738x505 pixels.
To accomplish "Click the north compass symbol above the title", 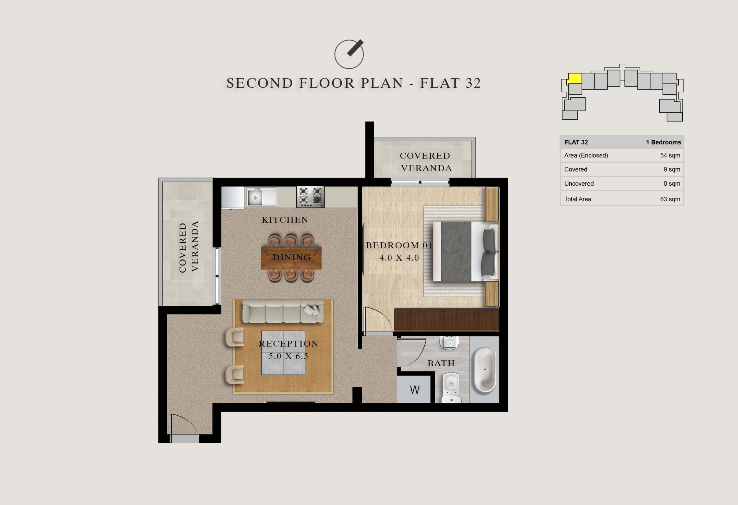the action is pyautogui.click(x=349, y=54).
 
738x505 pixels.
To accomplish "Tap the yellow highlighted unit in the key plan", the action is pyautogui.click(x=575, y=78).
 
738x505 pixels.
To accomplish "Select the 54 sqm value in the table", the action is pyautogui.click(x=670, y=155).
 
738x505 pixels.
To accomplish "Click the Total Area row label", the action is pyautogui.click(x=578, y=199).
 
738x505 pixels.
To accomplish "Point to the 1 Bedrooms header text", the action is pyautogui.click(x=663, y=142).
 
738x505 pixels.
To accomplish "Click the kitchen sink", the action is pyautogui.click(x=262, y=197).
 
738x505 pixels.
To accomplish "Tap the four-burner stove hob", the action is pyautogui.click(x=310, y=197).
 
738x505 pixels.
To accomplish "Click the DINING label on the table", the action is pyautogui.click(x=292, y=257).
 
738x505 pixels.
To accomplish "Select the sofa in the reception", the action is pyautogui.click(x=283, y=312).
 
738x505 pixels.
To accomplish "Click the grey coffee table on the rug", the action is pyautogui.click(x=283, y=353).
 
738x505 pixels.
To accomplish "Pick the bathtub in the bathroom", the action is pyautogui.click(x=484, y=370).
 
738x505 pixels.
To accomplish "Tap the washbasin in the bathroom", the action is pyautogui.click(x=449, y=342).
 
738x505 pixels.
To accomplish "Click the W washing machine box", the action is pyautogui.click(x=414, y=389).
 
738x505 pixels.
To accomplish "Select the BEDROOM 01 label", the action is pyautogui.click(x=399, y=245).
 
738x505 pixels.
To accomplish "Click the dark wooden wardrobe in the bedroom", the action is pyautogui.click(x=447, y=319).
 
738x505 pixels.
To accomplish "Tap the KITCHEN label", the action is pyautogui.click(x=285, y=220).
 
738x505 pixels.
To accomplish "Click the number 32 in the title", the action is pyautogui.click(x=473, y=83).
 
